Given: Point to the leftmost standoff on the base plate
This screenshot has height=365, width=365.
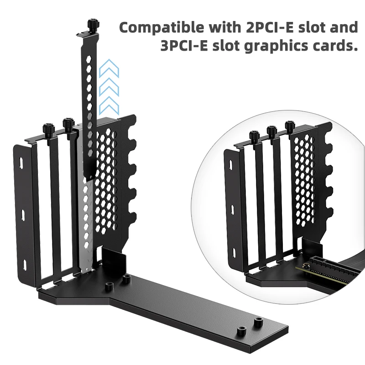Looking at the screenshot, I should pos(109,287).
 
